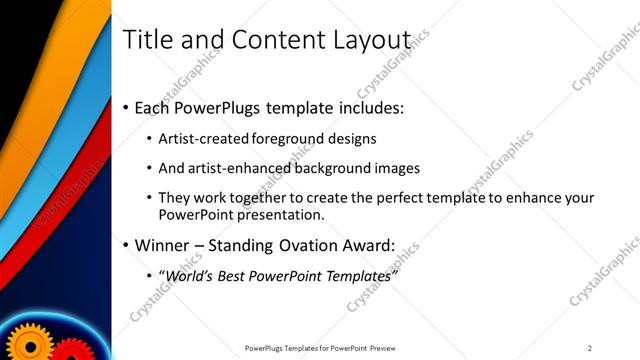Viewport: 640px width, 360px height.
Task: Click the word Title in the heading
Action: pyautogui.click(x=144, y=39)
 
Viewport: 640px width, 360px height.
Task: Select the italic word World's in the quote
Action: pyautogui.click(x=191, y=275)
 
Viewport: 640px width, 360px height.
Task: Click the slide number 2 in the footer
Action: pyautogui.click(x=590, y=347)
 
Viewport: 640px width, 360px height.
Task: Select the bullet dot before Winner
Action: pyautogui.click(x=125, y=246)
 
